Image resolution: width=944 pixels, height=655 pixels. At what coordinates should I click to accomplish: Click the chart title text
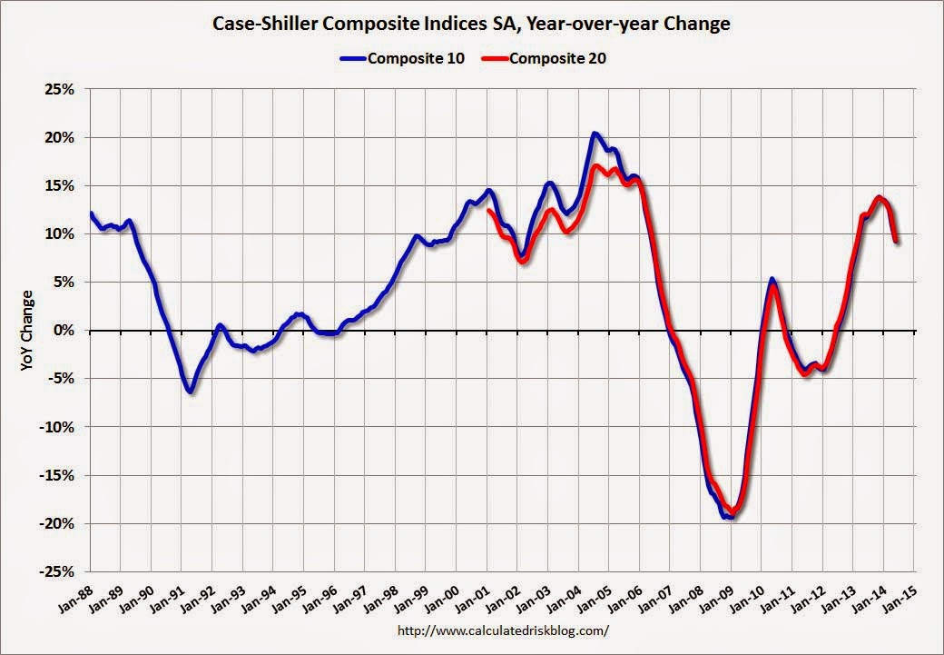pyautogui.click(x=471, y=25)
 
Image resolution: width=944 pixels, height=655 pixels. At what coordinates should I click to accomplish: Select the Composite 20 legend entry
pyautogui.click(x=551, y=60)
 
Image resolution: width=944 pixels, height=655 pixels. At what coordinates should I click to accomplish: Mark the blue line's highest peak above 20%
pyautogui.click(x=594, y=134)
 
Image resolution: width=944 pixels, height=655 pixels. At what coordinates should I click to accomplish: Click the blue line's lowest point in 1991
pyautogui.click(x=190, y=392)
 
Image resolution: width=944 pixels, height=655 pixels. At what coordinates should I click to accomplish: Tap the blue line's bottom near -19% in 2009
pyautogui.click(x=729, y=516)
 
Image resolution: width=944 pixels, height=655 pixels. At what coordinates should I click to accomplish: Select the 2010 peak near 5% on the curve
pyautogui.click(x=772, y=280)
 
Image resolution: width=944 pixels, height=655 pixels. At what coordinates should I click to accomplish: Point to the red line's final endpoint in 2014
pyautogui.click(x=897, y=241)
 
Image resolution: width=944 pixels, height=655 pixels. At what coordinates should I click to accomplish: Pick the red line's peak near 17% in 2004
pyautogui.click(x=595, y=166)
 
